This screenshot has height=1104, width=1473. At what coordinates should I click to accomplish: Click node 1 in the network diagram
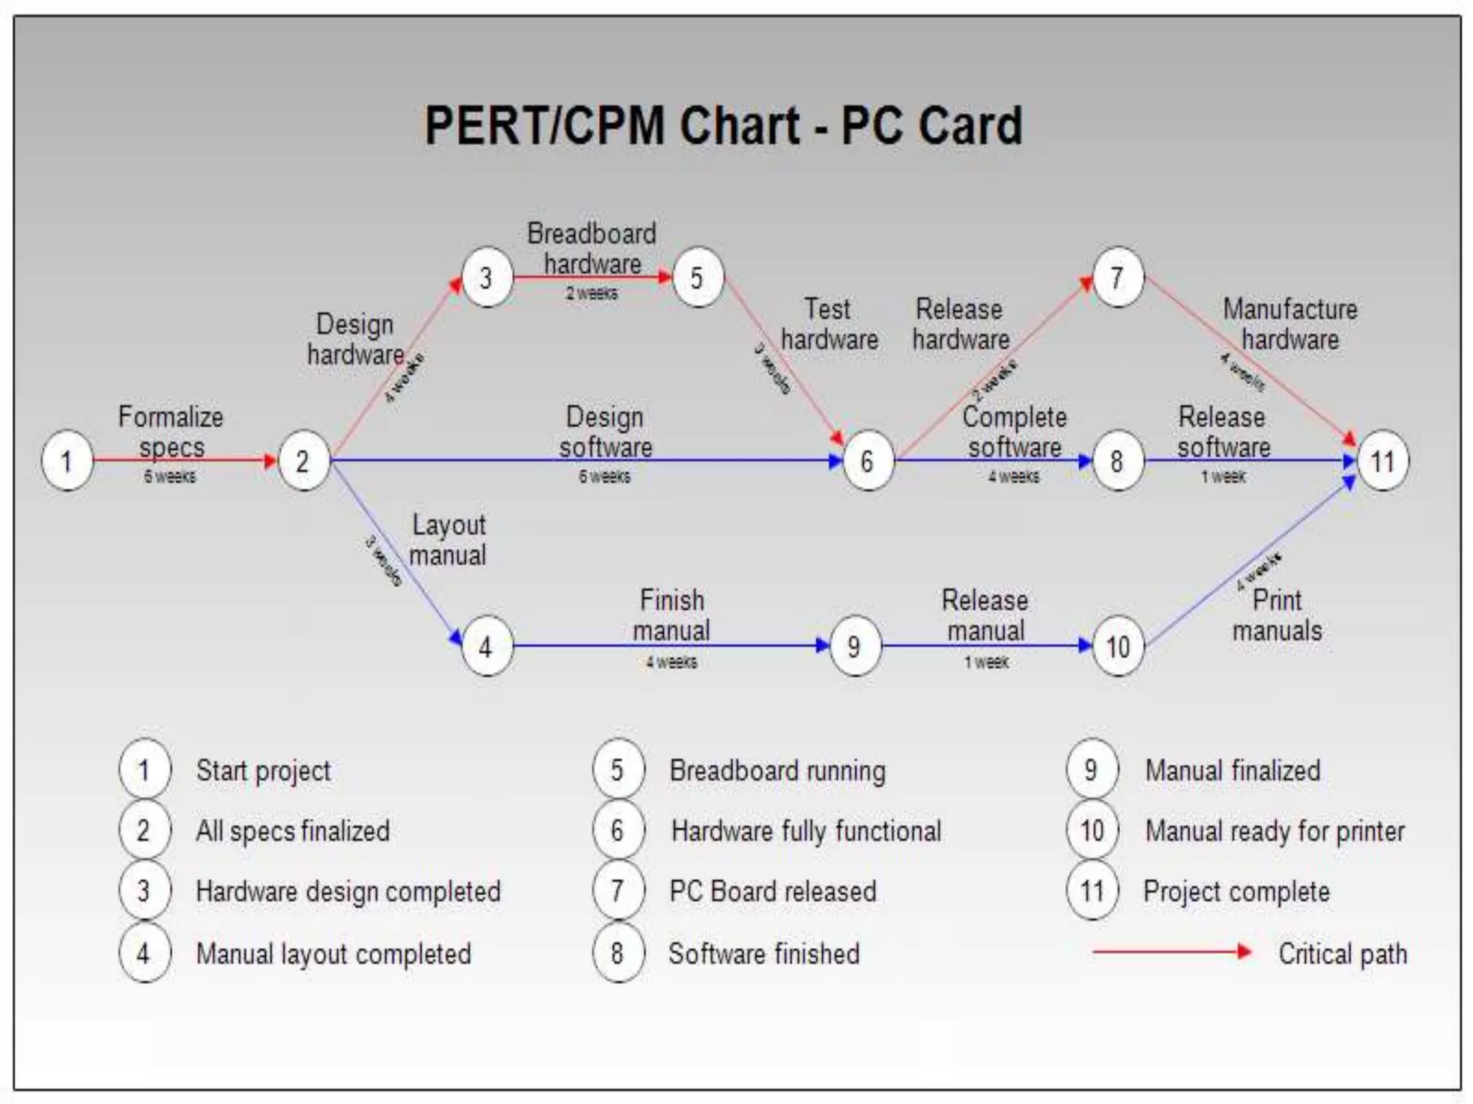click(67, 461)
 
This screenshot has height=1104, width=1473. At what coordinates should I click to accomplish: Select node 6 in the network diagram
click(867, 461)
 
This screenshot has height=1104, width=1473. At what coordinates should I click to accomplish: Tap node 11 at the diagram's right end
click(1382, 461)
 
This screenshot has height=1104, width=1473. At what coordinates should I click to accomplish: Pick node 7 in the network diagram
click(1117, 277)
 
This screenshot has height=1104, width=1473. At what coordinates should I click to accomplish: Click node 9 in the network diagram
click(854, 646)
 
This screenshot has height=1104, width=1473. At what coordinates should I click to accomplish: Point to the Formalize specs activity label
click(171, 432)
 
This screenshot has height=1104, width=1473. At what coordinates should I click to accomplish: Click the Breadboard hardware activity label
click(592, 249)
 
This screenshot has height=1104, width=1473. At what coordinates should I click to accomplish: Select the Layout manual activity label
click(448, 540)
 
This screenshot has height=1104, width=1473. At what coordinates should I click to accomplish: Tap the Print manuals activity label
click(1277, 615)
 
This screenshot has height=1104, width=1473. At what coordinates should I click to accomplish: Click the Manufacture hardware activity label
click(1290, 324)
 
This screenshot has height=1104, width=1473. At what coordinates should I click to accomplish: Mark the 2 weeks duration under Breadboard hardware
click(591, 293)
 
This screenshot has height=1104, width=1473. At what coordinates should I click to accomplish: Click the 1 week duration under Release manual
click(986, 662)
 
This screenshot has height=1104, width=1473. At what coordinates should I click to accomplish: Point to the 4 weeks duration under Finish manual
click(671, 662)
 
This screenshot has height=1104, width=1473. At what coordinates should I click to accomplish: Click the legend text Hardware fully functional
click(806, 832)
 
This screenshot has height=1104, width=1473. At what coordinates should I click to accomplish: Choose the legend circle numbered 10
click(1092, 831)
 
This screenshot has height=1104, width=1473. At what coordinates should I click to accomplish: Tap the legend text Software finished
click(764, 954)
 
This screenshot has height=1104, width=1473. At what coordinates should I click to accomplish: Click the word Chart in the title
click(739, 126)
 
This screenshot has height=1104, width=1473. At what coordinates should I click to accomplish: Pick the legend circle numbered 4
click(144, 954)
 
